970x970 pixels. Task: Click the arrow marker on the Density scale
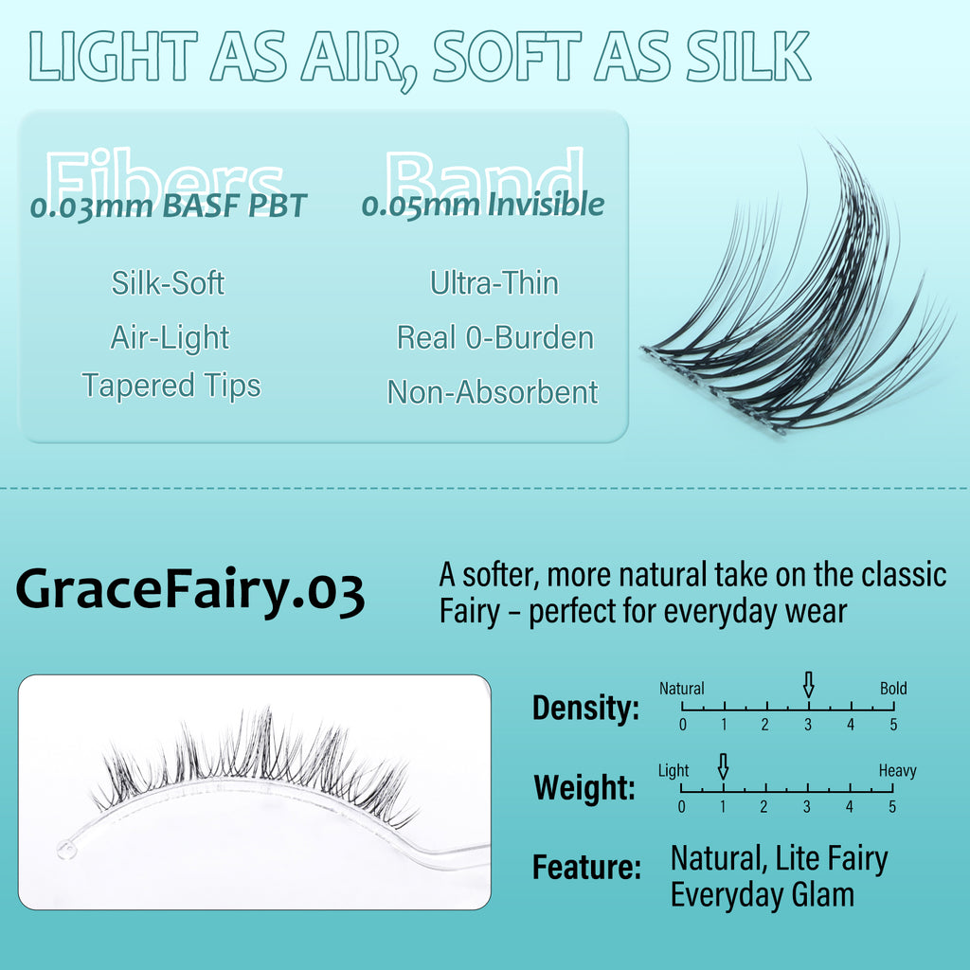(808, 685)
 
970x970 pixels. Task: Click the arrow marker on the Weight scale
(723, 766)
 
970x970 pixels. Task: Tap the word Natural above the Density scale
(681, 689)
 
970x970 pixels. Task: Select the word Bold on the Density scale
(893, 689)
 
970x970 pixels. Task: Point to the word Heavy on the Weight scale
(898, 771)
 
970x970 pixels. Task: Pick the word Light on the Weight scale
(674, 771)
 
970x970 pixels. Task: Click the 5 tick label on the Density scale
(893, 725)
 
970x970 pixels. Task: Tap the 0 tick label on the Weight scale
(681, 807)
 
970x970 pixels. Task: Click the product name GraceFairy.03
(189, 591)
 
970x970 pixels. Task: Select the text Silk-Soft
(168, 282)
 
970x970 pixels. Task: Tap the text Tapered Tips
(171, 385)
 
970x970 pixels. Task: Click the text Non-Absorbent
(493, 391)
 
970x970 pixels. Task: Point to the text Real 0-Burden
(494, 338)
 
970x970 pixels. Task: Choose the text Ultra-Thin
(494, 282)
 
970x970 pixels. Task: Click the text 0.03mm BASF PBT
(169, 206)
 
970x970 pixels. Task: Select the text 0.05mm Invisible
(482, 205)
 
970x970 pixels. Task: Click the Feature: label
(586, 867)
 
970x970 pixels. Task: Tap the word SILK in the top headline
(748, 56)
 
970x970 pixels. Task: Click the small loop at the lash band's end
(66, 850)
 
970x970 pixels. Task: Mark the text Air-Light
(170, 338)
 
